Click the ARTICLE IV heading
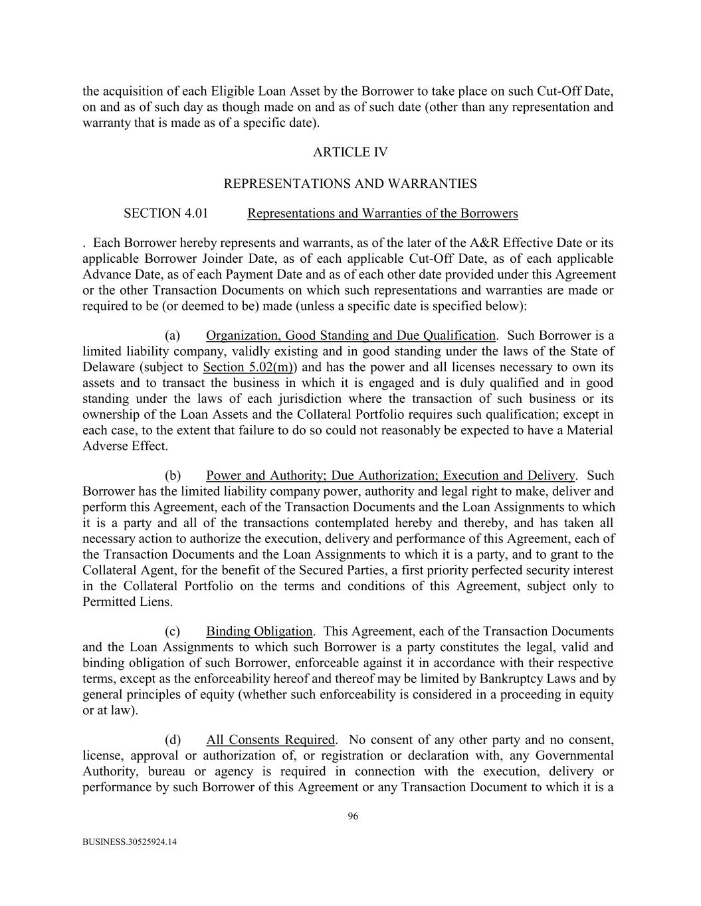350,153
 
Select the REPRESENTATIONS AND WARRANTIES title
350,183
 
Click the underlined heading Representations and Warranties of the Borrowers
382,214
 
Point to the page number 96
353,816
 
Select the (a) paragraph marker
173,336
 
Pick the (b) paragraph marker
173,476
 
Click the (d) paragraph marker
173,740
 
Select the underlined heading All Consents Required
270,740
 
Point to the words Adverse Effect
125,446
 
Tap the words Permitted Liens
128,602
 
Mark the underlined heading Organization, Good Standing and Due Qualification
351,336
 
